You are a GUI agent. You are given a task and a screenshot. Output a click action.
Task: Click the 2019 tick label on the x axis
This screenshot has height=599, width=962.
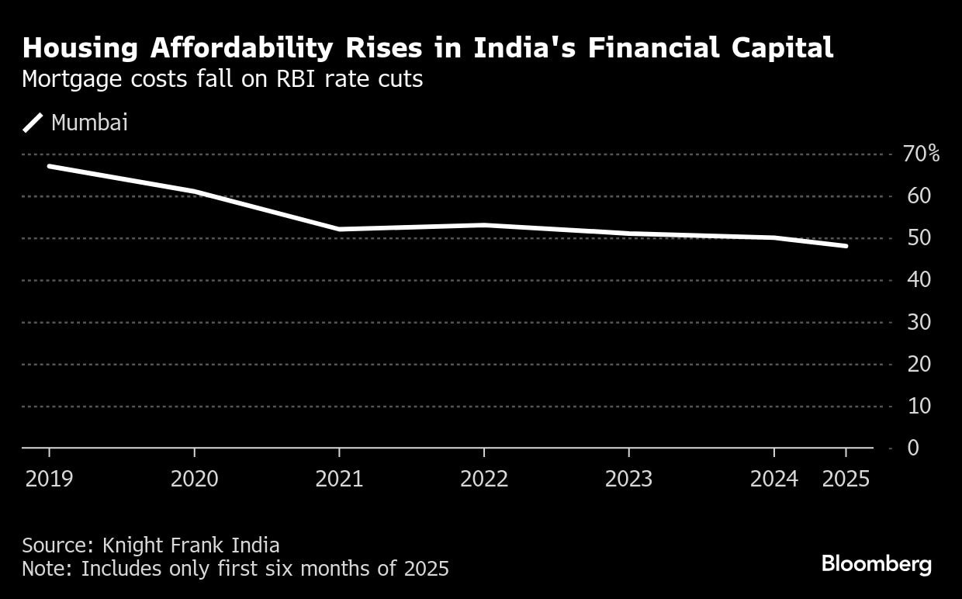coord(49,479)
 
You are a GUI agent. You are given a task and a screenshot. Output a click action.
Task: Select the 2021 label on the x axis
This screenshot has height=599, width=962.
coord(339,479)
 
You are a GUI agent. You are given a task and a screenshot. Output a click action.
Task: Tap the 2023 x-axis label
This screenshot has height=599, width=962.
coord(628,479)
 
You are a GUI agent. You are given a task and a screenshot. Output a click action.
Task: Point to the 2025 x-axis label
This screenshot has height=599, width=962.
coord(846,479)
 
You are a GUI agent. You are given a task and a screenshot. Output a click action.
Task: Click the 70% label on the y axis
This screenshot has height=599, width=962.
coord(921,154)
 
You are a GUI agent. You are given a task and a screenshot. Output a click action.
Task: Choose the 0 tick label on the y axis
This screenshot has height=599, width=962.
coord(913,448)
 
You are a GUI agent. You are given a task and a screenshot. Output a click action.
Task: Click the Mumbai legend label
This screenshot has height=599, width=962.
coord(89,123)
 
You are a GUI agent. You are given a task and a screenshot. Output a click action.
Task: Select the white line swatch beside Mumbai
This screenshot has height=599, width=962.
coord(33,123)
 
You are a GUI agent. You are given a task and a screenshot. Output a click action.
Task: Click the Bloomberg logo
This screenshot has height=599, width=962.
coord(877,564)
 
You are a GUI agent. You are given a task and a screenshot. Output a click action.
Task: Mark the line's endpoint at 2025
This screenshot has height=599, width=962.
coord(846,246)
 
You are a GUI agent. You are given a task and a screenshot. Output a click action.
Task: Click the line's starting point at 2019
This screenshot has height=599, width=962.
coord(49,166)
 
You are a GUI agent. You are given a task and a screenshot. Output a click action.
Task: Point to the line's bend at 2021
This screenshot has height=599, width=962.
coord(339,229)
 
